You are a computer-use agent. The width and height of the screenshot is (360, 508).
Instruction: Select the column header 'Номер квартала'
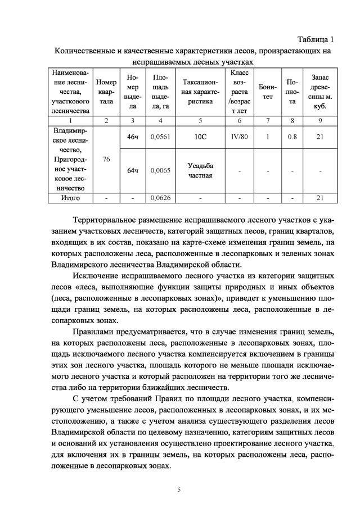pos(106,92)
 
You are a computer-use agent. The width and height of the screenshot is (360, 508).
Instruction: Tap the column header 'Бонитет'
pos(268,92)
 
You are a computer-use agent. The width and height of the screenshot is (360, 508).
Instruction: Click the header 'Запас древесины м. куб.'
pos(320,92)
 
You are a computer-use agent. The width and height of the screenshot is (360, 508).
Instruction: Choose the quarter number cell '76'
pos(106,160)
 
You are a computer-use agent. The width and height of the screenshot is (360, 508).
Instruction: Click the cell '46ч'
pos(132,137)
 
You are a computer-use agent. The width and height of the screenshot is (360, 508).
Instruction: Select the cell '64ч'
pos(132,170)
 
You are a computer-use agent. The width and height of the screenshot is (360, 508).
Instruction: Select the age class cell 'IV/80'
pos(240,137)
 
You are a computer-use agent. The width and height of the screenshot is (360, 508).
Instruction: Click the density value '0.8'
pos(292,137)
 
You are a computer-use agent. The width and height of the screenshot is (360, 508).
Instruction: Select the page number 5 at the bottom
pos(179,489)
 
